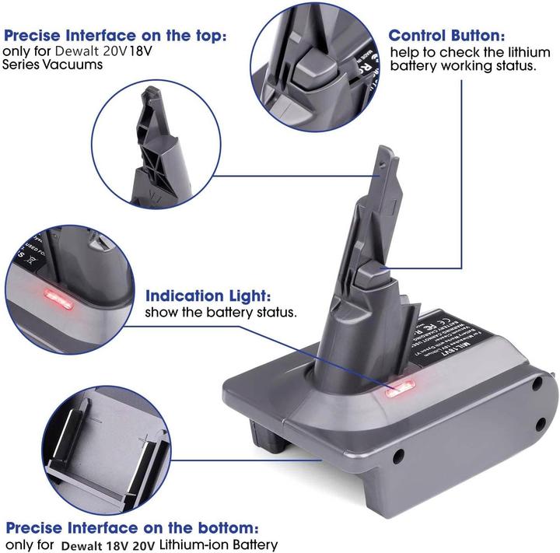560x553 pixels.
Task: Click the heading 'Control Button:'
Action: [x=447, y=36]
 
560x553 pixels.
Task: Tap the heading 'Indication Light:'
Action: [x=209, y=296]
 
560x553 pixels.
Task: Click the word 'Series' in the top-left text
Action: [x=23, y=65]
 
